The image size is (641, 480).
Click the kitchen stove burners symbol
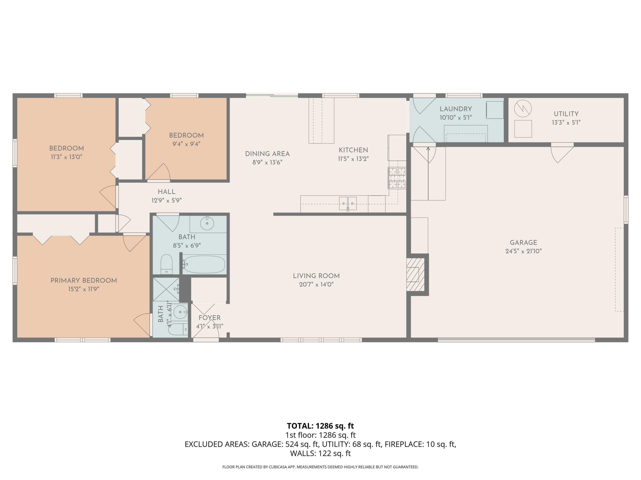click(397, 178)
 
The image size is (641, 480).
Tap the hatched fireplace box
click(415, 274)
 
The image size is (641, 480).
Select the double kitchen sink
click(348, 203)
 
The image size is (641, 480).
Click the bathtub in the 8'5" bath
click(204, 264)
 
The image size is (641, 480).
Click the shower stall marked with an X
click(166, 289)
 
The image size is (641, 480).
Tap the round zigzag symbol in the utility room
click(523, 109)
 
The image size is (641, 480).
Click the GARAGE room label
click(523, 243)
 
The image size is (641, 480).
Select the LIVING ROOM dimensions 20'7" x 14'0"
click(316, 284)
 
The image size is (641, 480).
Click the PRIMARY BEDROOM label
click(84, 280)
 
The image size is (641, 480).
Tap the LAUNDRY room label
click(456, 109)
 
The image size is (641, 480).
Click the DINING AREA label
click(267, 154)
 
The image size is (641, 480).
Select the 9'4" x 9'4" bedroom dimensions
click(186, 144)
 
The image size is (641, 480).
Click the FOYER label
click(210, 318)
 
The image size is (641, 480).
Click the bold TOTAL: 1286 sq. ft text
click(320, 426)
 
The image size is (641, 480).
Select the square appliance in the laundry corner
click(495, 110)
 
